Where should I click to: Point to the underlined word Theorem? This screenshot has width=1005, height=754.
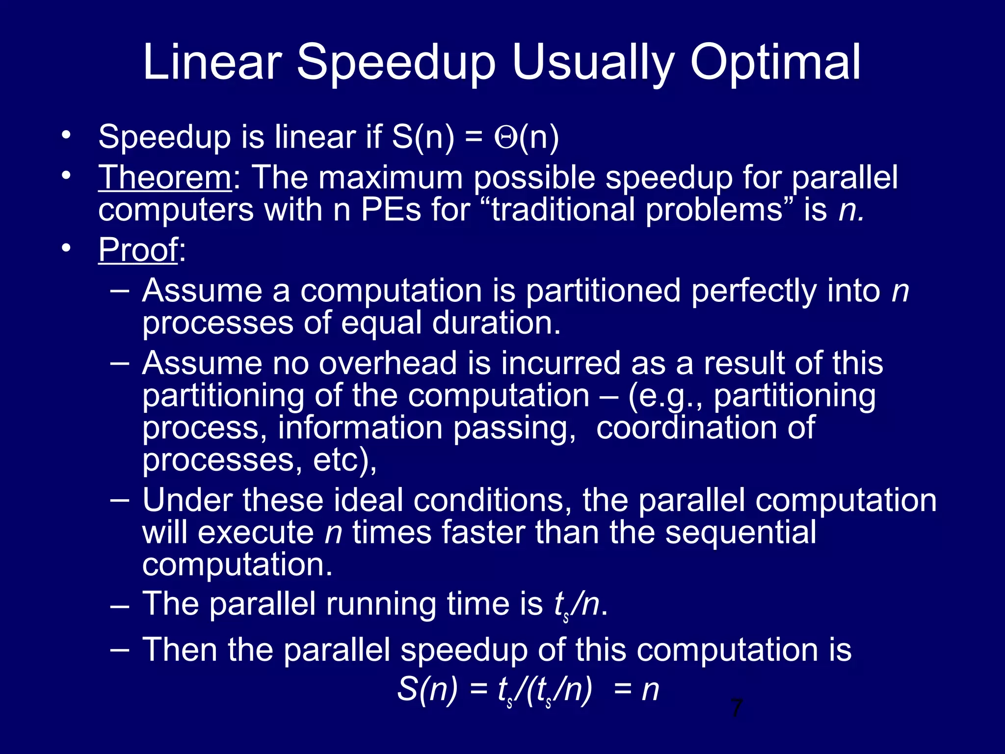pyautogui.click(x=164, y=177)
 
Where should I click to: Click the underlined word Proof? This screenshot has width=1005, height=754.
pyautogui.click(x=138, y=250)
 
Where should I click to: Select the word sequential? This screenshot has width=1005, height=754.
pyautogui.click(x=741, y=532)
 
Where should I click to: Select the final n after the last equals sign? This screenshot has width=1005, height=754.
pyautogui.click(x=650, y=690)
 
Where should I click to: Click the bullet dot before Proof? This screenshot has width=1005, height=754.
pyautogui.click(x=66, y=248)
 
